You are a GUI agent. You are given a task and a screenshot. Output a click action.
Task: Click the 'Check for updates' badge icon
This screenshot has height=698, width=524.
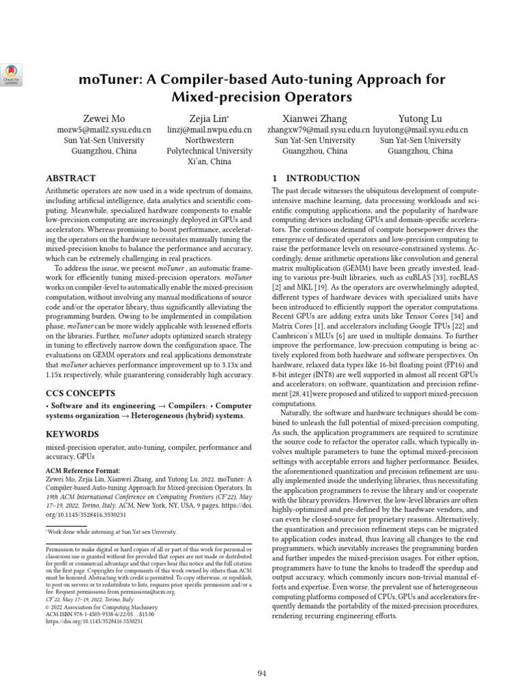[x=12, y=73]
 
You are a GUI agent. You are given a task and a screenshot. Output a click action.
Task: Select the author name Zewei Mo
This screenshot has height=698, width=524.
[x=104, y=118]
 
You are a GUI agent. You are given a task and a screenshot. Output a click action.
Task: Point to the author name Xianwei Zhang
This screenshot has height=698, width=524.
[x=315, y=118]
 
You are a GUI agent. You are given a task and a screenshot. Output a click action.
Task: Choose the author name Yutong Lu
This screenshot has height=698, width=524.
[x=420, y=118]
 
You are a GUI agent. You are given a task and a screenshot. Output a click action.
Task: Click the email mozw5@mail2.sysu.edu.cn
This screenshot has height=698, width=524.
[x=104, y=130]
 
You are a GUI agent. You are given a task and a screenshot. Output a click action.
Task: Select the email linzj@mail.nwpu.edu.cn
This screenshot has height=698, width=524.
[x=209, y=130]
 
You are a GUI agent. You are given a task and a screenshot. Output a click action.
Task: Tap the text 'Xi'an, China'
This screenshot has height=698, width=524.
[x=209, y=162]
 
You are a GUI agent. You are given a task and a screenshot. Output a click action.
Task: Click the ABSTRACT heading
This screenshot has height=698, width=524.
[x=70, y=179]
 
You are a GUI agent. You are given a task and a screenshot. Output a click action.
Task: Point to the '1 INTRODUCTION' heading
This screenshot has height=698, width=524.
[x=316, y=179]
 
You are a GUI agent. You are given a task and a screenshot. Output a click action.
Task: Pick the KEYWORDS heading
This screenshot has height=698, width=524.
[x=72, y=434]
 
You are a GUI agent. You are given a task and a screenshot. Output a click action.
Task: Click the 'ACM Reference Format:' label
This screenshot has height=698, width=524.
[x=83, y=470]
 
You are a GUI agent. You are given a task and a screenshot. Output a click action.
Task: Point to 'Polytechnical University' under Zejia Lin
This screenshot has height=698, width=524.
[x=209, y=151]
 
